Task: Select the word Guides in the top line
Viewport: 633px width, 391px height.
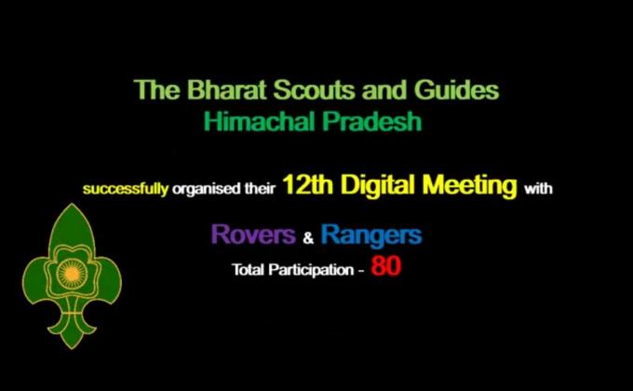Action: point(458,91)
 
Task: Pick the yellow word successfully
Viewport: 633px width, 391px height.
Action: point(126,189)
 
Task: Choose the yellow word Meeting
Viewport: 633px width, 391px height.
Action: point(475,185)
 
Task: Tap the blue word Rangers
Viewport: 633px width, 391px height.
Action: point(370,235)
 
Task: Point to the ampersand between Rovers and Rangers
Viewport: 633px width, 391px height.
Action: point(308,238)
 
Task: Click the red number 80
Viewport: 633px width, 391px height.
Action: point(386,267)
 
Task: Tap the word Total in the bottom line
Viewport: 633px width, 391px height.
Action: point(247,271)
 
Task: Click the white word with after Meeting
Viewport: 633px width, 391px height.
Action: point(538,189)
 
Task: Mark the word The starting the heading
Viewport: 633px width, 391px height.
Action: point(150,91)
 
